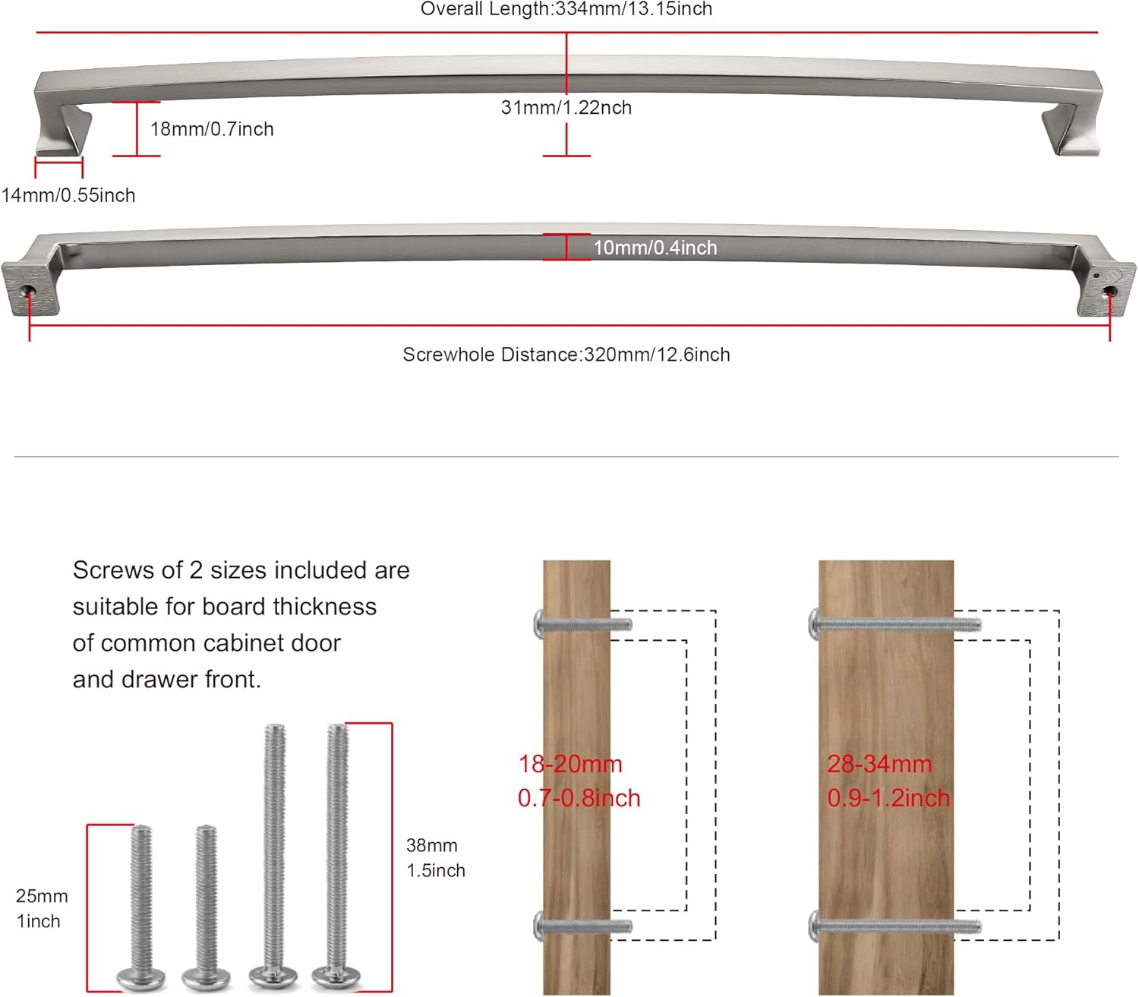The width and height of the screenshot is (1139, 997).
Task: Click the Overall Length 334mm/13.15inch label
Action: (x=566, y=9)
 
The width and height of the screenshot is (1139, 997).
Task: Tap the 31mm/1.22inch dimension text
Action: (x=566, y=108)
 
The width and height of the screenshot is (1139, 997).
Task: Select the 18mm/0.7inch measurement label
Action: (x=212, y=129)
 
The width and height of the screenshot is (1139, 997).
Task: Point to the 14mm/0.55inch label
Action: (x=68, y=195)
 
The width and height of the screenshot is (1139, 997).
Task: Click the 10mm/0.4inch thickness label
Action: (x=655, y=248)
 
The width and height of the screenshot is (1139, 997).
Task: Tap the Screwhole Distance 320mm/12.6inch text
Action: (x=566, y=355)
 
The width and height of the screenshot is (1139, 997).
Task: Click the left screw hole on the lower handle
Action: (x=28, y=289)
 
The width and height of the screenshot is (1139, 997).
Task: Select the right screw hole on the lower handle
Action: (x=1109, y=289)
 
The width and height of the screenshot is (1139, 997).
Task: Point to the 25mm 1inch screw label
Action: (x=42, y=908)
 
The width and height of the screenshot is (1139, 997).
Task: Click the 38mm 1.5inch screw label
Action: (x=435, y=858)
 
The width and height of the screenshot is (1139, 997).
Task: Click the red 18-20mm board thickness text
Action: (x=570, y=764)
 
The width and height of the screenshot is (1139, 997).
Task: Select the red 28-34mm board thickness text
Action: (x=879, y=764)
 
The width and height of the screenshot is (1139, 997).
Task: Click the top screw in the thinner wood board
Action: (x=582, y=625)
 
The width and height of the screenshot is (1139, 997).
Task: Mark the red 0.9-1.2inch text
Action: (x=888, y=798)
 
